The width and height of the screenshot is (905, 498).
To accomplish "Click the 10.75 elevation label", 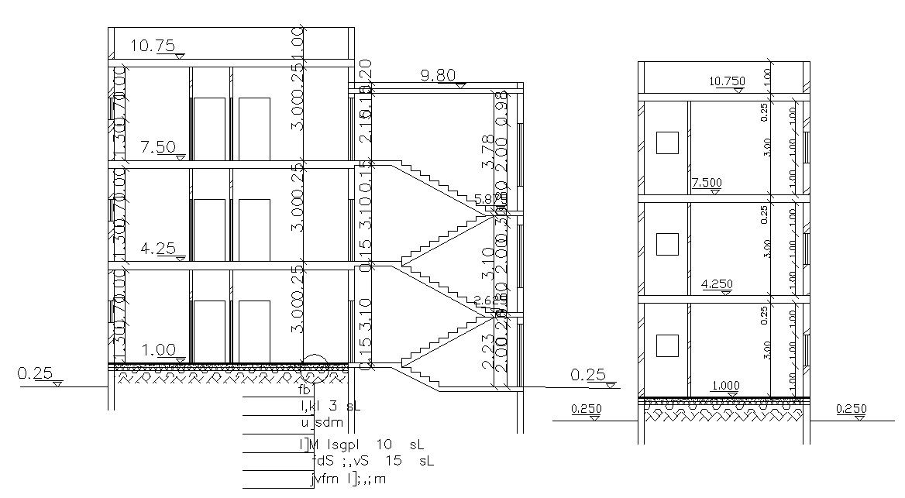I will (153, 46).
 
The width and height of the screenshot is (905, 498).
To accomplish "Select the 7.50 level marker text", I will (157, 147).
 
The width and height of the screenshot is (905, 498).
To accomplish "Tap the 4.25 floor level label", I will (157, 249).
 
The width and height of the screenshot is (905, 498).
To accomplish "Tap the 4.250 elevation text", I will (717, 284).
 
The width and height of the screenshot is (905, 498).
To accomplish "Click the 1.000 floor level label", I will (724, 386).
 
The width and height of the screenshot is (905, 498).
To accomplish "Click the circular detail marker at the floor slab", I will (315, 370).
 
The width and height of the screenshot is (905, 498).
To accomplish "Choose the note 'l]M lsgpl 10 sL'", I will (362, 445).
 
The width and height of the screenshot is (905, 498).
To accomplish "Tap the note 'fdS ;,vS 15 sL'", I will (372, 461).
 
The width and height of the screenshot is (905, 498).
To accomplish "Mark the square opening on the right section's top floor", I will (666, 143).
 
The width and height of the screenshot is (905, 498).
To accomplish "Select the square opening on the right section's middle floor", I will (666, 244).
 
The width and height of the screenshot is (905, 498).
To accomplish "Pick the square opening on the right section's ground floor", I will (666, 345).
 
